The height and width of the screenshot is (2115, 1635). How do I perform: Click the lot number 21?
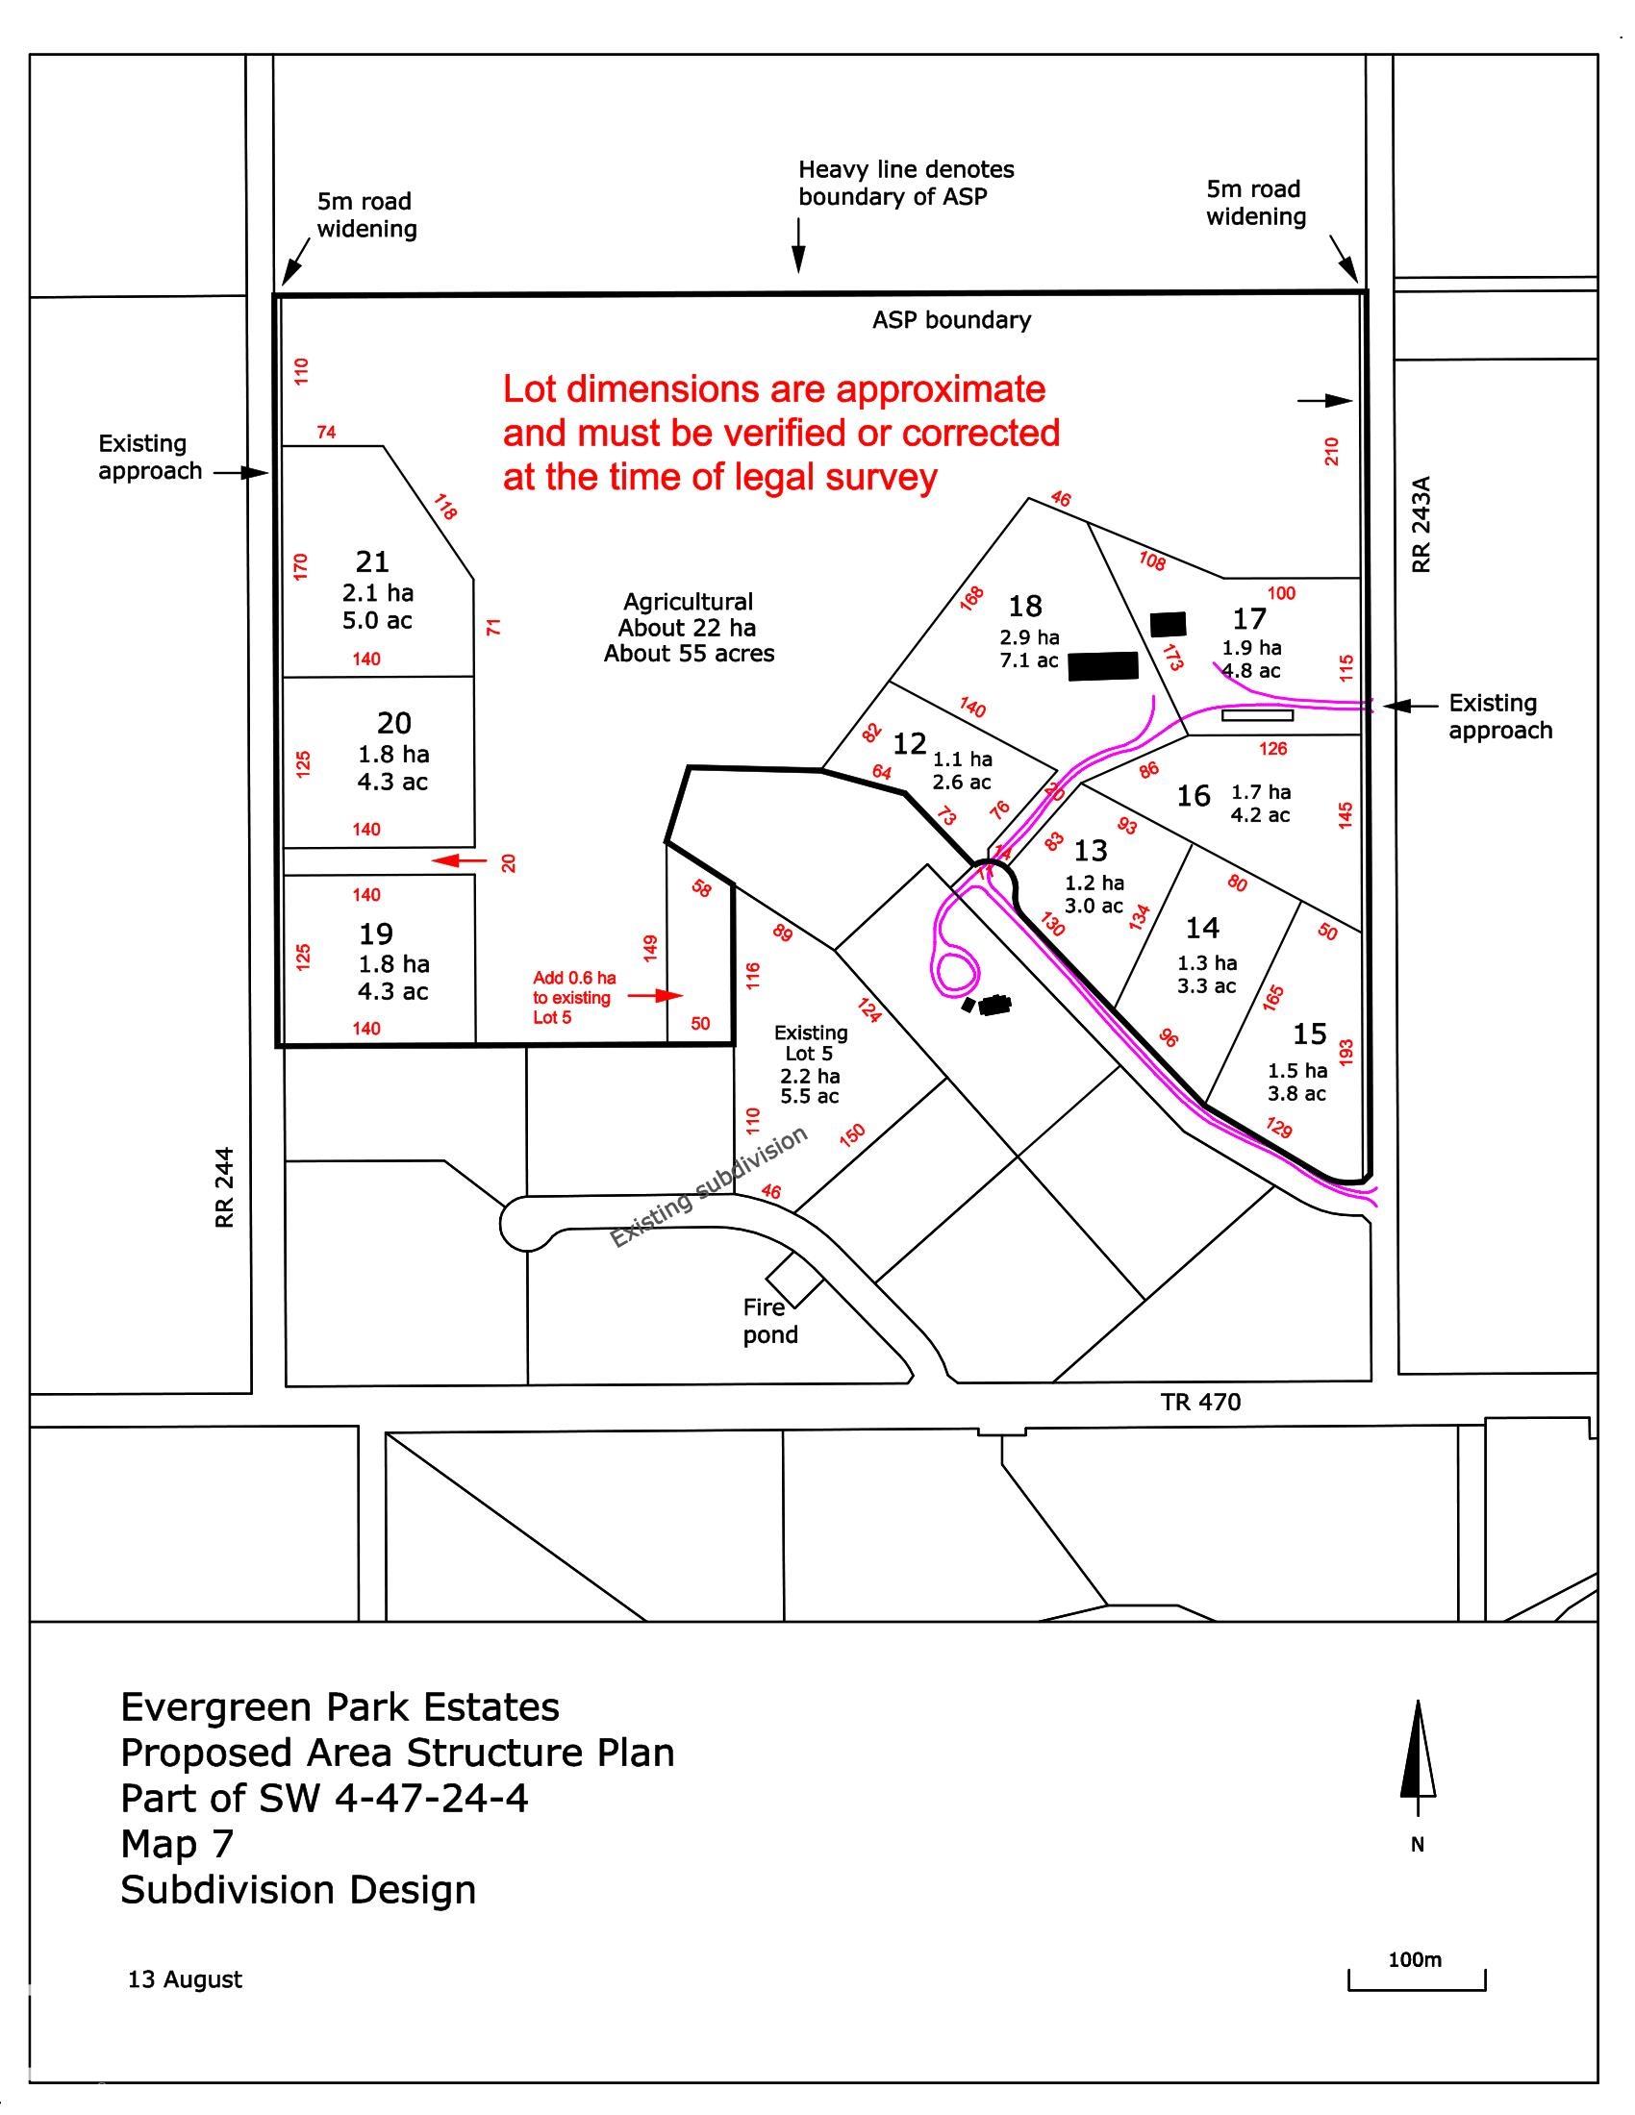pyautogui.click(x=372, y=561)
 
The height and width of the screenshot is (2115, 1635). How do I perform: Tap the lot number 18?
pyautogui.click(x=1025, y=607)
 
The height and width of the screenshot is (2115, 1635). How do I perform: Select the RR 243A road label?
pyautogui.click(x=1421, y=524)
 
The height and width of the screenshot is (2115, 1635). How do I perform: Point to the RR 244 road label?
pyautogui.click(x=225, y=1188)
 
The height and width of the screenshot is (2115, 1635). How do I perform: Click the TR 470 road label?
pyautogui.click(x=1200, y=1402)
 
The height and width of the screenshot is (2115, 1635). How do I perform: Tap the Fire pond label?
pyautogui.click(x=770, y=1321)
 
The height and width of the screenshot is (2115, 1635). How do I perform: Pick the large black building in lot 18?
pyautogui.click(x=1102, y=666)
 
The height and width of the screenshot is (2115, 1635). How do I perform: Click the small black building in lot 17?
pyautogui.click(x=1169, y=625)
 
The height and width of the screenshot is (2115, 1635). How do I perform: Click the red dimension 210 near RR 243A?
pyautogui.click(x=1332, y=451)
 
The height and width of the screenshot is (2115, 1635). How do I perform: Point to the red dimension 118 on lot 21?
pyautogui.click(x=444, y=508)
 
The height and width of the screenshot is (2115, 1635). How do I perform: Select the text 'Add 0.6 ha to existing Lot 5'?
pyautogui.click(x=572, y=998)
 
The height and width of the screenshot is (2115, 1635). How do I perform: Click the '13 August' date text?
pyautogui.click(x=185, y=1979)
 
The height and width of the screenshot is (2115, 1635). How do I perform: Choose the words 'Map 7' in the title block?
pyautogui.click(x=177, y=1844)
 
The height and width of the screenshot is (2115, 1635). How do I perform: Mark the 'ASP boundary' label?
pyautogui.click(x=951, y=320)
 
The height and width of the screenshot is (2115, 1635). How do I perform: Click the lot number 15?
pyautogui.click(x=1309, y=1034)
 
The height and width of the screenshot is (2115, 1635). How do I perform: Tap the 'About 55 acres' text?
pyautogui.click(x=689, y=654)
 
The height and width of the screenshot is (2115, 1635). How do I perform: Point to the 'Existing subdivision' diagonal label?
pyautogui.click(x=708, y=1187)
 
